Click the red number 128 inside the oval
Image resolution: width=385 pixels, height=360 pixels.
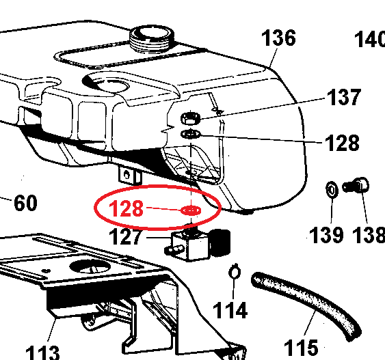click(x=126, y=208)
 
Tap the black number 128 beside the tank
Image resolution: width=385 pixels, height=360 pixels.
click(x=342, y=143)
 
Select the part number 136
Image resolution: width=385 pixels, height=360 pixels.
click(x=278, y=38)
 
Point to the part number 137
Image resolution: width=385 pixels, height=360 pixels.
click(x=344, y=97)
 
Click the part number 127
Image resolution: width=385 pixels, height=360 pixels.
click(x=125, y=236)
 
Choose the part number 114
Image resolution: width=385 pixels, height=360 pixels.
click(x=230, y=310)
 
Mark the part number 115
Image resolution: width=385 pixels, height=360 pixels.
click(x=301, y=347)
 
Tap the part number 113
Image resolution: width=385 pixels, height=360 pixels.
click(x=42, y=352)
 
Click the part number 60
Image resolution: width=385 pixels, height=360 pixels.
click(x=25, y=203)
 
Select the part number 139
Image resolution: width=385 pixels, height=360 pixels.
click(x=326, y=235)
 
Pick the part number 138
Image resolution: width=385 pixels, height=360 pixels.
click(x=369, y=235)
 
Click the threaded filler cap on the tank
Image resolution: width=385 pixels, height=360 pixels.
click(x=152, y=38)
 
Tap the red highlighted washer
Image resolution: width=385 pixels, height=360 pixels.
click(x=191, y=210)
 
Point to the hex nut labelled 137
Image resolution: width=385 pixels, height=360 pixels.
click(x=191, y=118)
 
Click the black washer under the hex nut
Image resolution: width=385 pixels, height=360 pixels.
click(x=191, y=134)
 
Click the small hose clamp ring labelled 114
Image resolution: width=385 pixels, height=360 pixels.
click(x=235, y=271)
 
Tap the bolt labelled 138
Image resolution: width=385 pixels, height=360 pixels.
click(x=356, y=185)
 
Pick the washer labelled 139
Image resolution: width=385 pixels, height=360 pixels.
click(x=332, y=190)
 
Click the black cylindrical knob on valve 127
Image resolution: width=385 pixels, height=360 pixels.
click(x=220, y=243)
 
